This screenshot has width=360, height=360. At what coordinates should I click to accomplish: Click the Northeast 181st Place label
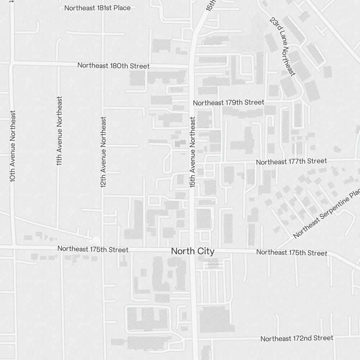[97, 8]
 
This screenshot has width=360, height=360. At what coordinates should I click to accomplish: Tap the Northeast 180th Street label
[113, 66]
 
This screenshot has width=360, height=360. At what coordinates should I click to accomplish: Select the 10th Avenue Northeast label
[13, 146]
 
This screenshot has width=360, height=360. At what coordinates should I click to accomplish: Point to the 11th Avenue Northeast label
[59, 131]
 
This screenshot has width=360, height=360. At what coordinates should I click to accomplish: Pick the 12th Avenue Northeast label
[103, 152]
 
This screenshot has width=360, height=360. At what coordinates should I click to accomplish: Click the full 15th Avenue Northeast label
[192, 152]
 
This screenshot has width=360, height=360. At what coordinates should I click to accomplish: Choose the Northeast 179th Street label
[228, 103]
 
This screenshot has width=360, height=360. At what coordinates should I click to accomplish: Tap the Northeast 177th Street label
[291, 161]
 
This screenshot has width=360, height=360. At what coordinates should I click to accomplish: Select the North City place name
[193, 251]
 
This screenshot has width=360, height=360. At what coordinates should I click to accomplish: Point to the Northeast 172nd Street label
[297, 338]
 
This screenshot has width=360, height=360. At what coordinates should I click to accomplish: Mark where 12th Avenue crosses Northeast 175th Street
[103, 249]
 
